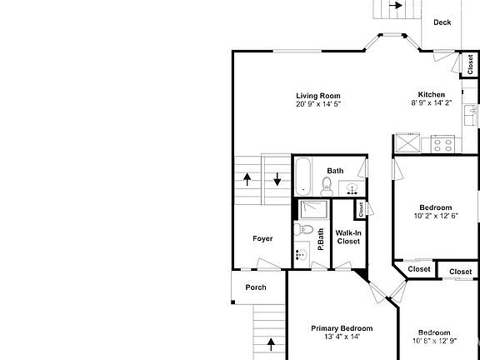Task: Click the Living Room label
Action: pyautogui.click(x=318, y=95)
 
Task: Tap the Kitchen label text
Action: pyautogui.click(x=431, y=94)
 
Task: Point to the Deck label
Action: pyautogui.click(x=442, y=22)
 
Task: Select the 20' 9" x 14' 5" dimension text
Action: pyautogui.click(x=318, y=104)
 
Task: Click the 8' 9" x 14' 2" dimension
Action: pyautogui.click(x=431, y=103)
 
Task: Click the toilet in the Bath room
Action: pyautogui.click(x=327, y=187)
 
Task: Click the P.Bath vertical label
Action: pyautogui.click(x=321, y=231)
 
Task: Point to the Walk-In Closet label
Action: pyautogui.click(x=347, y=237)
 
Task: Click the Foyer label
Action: pyautogui.click(x=262, y=238)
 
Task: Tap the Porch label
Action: pyautogui.click(x=256, y=287)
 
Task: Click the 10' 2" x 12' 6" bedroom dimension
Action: pyautogui.click(x=436, y=216)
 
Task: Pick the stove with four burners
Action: pyautogui.click(x=442, y=145)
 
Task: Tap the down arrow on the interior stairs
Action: pyautogui.click(x=277, y=178)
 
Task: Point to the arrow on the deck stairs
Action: pyautogui.click(x=398, y=6)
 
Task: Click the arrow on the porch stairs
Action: pyautogui.click(x=270, y=342)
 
